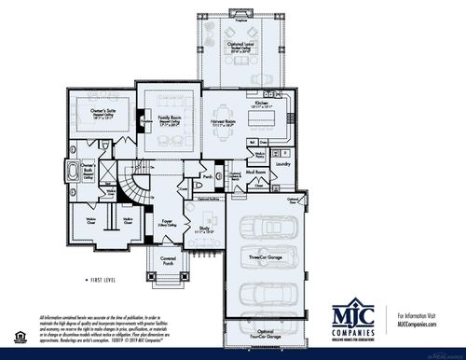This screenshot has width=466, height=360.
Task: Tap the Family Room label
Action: coord(169,120)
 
